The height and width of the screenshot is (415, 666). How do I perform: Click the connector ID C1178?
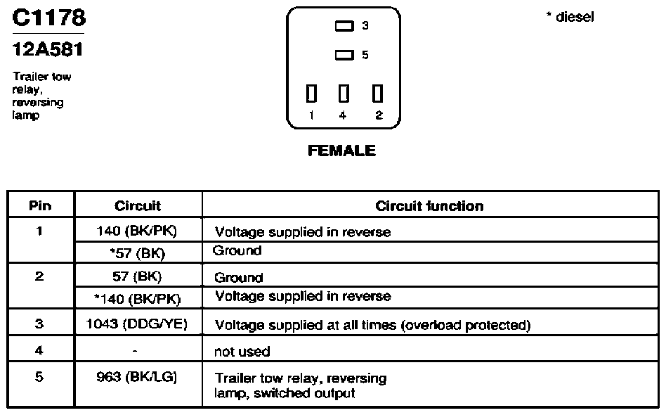[49, 18]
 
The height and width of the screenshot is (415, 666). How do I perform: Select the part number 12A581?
[48, 49]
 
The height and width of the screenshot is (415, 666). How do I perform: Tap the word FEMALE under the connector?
[342, 151]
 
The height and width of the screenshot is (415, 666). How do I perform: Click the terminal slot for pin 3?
[344, 26]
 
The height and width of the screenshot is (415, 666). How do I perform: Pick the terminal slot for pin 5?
[344, 56]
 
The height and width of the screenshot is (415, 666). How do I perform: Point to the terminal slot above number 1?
[311, 94]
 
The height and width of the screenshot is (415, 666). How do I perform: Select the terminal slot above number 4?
[344, 94]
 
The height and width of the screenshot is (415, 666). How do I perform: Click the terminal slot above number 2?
[377, 94]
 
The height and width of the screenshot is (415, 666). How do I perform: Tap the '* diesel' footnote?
[570, 17]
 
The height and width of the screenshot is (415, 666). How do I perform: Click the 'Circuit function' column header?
[429, 206]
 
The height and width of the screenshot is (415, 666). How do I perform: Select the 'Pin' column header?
[40, 206]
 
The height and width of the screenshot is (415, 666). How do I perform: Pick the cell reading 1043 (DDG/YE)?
[137, 324]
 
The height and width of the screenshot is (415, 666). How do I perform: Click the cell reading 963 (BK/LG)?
[137, 377]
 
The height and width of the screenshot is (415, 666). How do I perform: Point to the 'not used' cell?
[242, 352]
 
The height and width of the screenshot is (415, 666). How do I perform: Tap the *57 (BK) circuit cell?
[137, 253]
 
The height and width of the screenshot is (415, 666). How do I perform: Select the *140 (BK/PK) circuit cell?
[137, 298]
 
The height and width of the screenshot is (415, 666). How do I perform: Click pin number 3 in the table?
[39, 324]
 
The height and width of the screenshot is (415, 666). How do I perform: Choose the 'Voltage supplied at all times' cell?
[372, 325]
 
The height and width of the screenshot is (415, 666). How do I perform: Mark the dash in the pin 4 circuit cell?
[135, 352]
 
